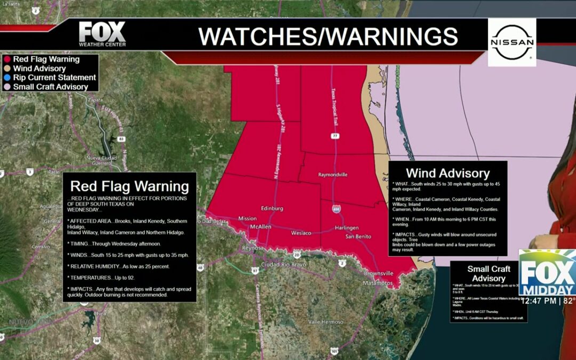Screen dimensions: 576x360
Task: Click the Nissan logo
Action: [512, 42]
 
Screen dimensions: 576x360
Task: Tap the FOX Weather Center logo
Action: [102, 35]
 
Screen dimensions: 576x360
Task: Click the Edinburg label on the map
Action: [272, 208]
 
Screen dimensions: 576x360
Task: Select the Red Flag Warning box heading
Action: [130, 186]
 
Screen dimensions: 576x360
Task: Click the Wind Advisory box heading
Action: [447, 173]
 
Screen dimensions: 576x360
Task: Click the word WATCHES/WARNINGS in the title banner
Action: [328, 36]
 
